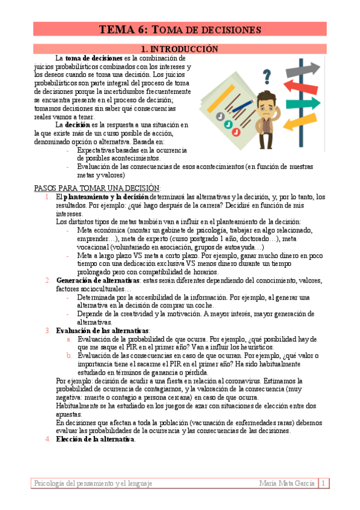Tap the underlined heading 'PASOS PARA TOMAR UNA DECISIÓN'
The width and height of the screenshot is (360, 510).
pos(97,188)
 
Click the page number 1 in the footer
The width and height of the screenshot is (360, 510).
pos(323,483)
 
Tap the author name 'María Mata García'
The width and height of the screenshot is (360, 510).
pos(287,483)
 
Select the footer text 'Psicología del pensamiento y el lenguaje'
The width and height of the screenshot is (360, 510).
pos(94,483)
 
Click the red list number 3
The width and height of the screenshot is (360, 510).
pos(48,330)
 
